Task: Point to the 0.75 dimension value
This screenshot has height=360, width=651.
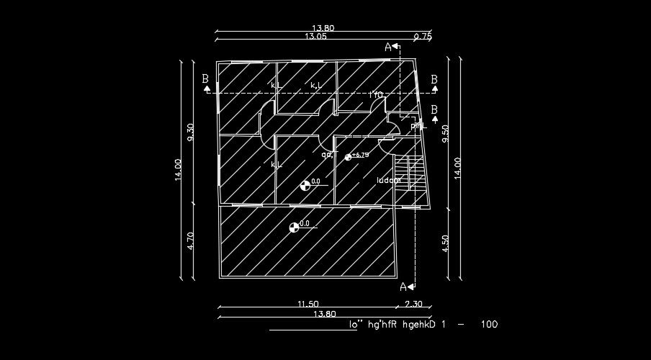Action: (423, 36)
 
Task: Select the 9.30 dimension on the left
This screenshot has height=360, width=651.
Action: (190, 134)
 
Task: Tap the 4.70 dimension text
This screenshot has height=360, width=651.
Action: (190, 240)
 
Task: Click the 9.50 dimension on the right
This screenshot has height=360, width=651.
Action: (445, 135)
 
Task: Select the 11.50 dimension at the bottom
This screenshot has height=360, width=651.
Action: (307, 304)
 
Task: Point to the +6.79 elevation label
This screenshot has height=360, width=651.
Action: (360, 155)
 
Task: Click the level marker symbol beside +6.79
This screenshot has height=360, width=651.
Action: (349, 157)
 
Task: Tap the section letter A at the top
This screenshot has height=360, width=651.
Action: (388, 47)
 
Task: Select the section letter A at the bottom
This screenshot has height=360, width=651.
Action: (403, 287)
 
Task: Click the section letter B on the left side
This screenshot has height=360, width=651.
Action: (206, 78)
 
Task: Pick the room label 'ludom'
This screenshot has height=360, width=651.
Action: (388, 181)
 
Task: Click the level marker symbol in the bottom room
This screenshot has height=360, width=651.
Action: (293, 228)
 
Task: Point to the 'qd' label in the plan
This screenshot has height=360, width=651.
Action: (326, 154)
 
